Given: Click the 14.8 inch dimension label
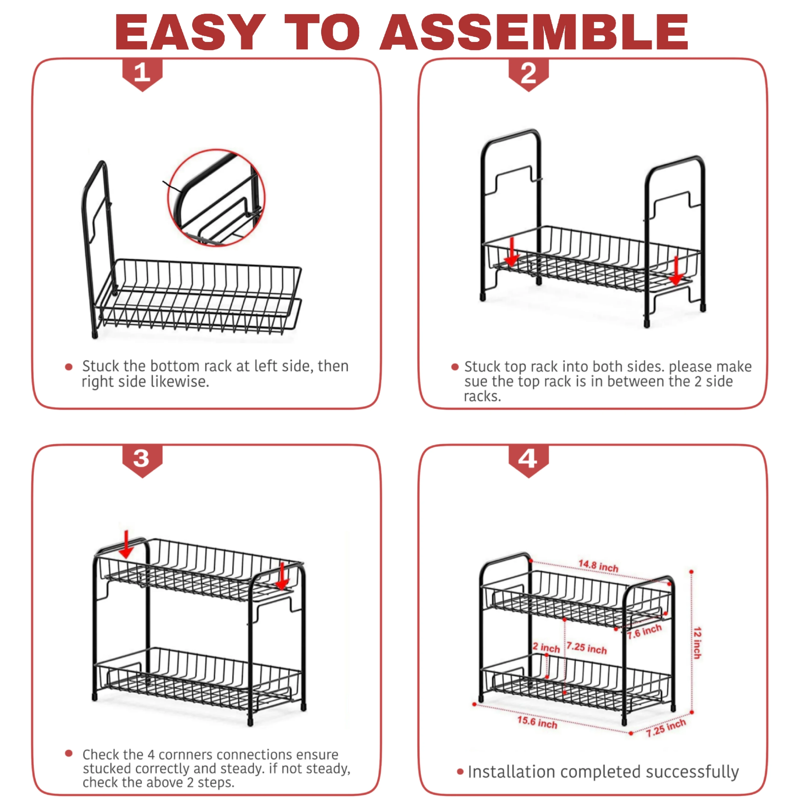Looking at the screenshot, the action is [x=599, y=566].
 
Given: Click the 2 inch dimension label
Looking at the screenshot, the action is [x=546, y=647].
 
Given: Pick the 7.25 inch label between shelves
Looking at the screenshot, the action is [x=586, y=648].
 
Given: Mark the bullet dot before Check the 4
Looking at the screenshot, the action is [x=69, y=753].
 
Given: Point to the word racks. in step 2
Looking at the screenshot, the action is [x=482, y=396].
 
